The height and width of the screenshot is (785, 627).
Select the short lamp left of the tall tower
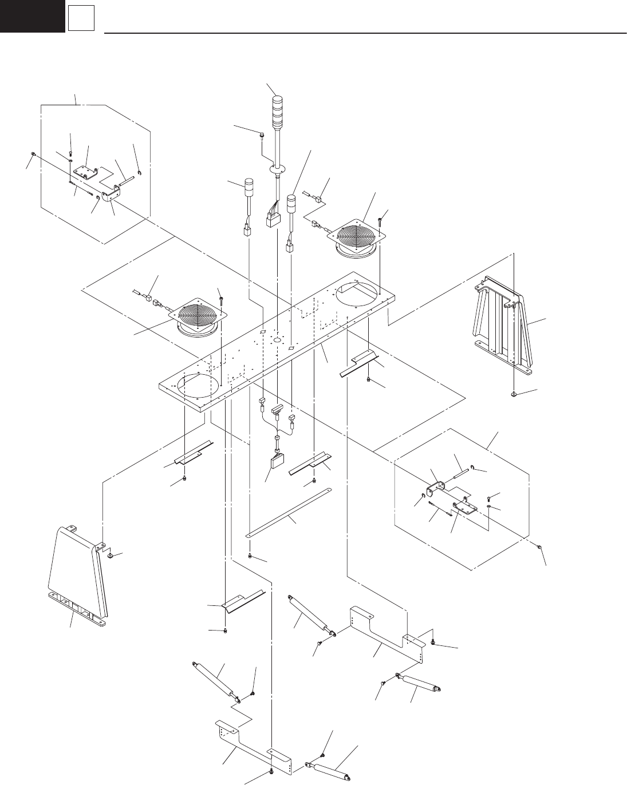249,189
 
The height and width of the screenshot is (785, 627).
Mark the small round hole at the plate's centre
277,340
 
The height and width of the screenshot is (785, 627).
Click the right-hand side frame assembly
504,326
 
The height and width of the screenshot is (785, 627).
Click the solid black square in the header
32,16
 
